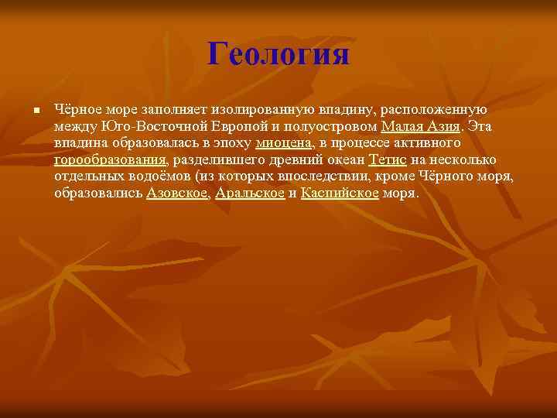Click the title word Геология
coord(278,54)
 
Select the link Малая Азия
coord(421,126)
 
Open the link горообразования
coord(111,160)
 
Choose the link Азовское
coord(178,194)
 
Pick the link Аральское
coord(250,194)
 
